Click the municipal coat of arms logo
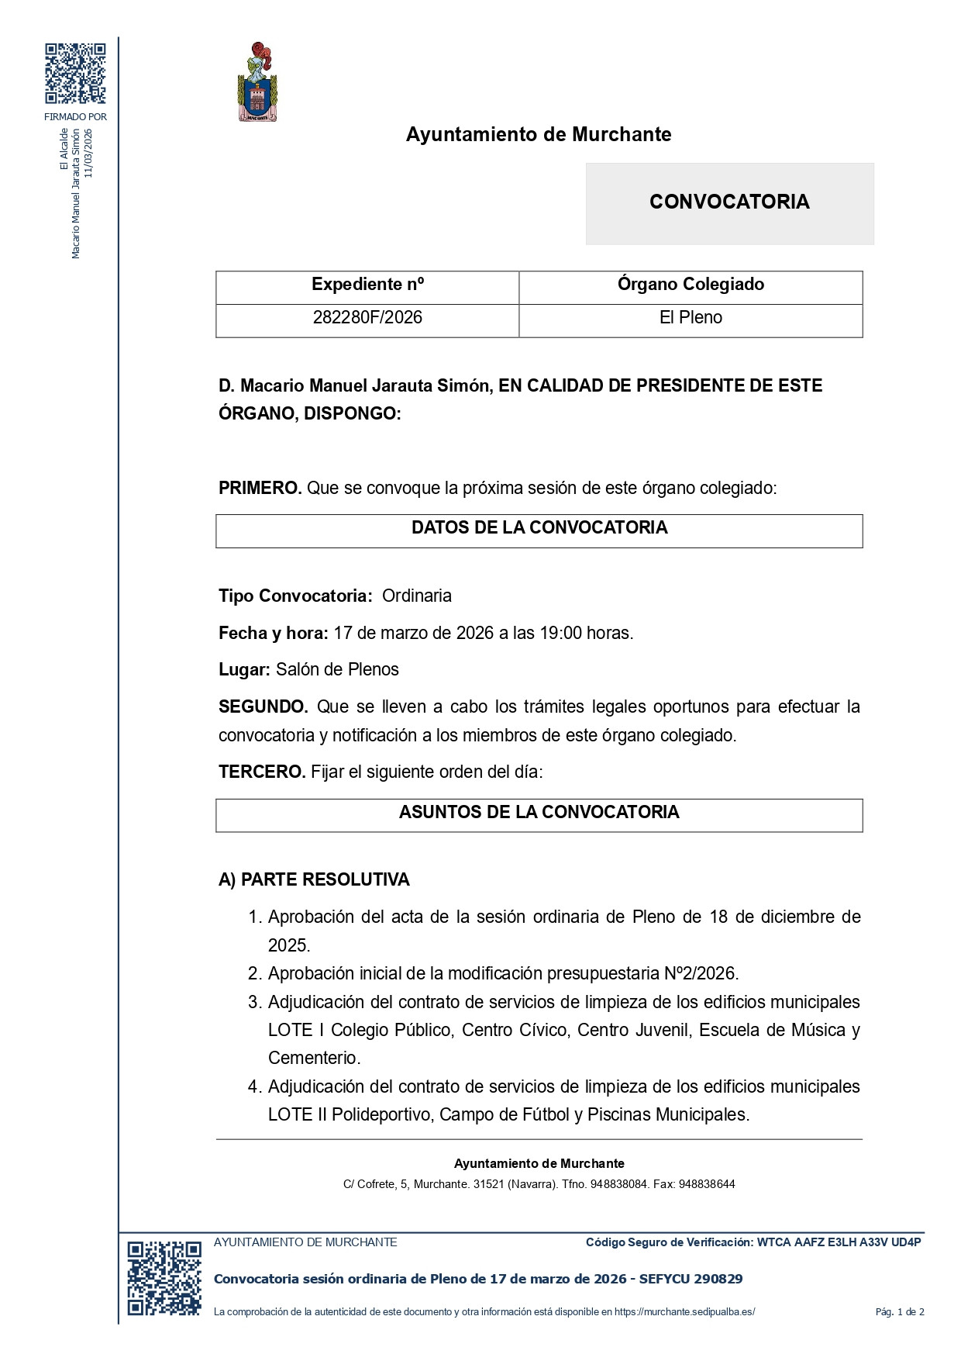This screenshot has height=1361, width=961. coord(257,82)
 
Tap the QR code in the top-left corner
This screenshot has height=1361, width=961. coord(75,74)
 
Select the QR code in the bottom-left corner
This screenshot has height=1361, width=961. coord(164,1278)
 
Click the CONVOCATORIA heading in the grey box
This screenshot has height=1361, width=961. coord(729,202)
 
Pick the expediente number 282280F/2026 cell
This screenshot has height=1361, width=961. coord(367,318)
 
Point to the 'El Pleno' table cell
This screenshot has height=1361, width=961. coord(691,318)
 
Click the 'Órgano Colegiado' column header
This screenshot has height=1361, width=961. coord(691,285)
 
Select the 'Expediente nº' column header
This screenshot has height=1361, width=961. coord(367,285)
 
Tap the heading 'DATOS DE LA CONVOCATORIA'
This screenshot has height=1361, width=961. coord(539,528)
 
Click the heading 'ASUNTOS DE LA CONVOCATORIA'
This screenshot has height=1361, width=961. coord(539,813)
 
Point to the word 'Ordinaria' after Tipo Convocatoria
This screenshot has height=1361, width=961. coord(417,596)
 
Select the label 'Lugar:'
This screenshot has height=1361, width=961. coord(244,670)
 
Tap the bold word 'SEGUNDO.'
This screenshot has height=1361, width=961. coord(263,707)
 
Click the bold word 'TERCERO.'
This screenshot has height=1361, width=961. coord(262,772)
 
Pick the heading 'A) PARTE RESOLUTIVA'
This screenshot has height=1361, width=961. coord(314,880)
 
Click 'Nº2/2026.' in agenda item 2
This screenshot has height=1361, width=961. coord(701,974)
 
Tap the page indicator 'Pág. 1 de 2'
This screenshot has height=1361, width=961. coord(900,1312)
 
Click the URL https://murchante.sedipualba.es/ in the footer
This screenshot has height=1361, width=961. coord(684,1312)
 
